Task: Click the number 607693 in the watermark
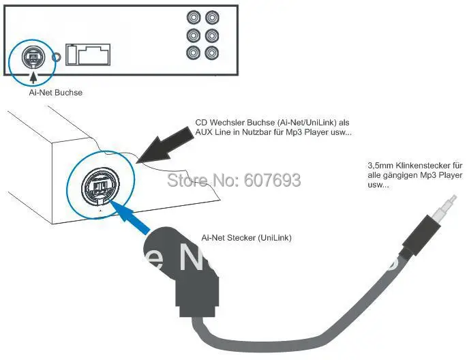269,180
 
